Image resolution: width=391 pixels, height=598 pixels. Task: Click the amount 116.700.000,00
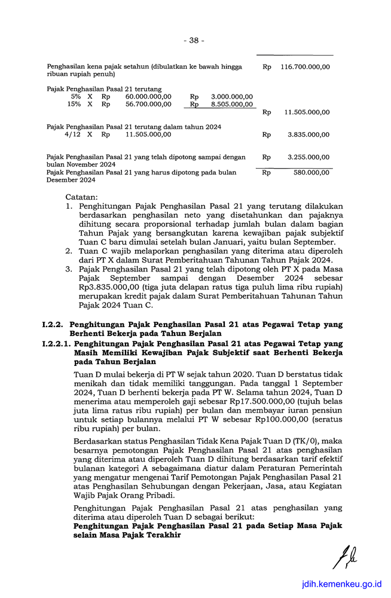pos(305,67)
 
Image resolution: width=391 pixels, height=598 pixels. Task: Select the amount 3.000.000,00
pos(232,96)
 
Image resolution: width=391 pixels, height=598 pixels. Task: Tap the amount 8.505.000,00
pos(232,104)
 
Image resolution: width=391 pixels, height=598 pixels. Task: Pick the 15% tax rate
pos(74,104)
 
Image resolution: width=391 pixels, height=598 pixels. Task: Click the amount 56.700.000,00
pos(148,104)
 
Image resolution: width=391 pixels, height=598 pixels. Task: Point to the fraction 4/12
pos(73,135)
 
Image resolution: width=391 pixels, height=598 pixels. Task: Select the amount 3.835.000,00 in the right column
pos(308,135)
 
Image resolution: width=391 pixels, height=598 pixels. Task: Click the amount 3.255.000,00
pos(308,157)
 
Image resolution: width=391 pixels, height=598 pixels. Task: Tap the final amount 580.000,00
pos(312,172)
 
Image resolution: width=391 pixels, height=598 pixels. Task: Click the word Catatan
pos(83,197)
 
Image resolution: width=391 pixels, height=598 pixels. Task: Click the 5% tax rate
pos(76,96)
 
